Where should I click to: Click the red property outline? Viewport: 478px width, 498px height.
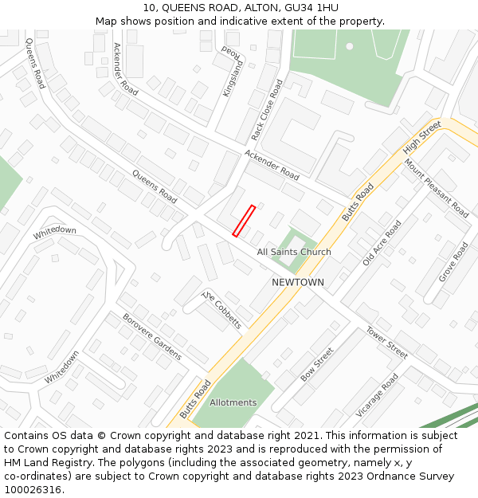(244, 221)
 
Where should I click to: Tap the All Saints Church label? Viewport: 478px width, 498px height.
(293, 253)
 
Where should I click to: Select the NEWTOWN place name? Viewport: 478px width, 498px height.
(298, 283)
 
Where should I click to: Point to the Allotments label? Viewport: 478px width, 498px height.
(233, 402)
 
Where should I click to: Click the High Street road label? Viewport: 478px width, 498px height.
(421, 138)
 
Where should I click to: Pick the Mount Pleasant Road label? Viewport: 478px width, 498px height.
(436, 188)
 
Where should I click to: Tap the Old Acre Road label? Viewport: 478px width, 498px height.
(382, 244)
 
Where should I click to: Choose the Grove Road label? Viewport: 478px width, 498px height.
(453, 262)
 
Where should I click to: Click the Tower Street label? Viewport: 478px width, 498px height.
(386, 342)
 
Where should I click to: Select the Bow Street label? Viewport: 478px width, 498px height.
(317, 365)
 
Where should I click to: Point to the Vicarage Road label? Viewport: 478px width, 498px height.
(377, 395)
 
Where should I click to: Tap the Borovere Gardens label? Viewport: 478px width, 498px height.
(151, 336)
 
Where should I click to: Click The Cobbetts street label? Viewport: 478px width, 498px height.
(221, 310)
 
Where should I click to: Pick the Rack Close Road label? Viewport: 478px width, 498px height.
(267, 110)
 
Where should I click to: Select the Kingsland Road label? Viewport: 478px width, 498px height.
(233, 71)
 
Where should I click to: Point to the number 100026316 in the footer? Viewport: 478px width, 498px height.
(33, 489)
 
